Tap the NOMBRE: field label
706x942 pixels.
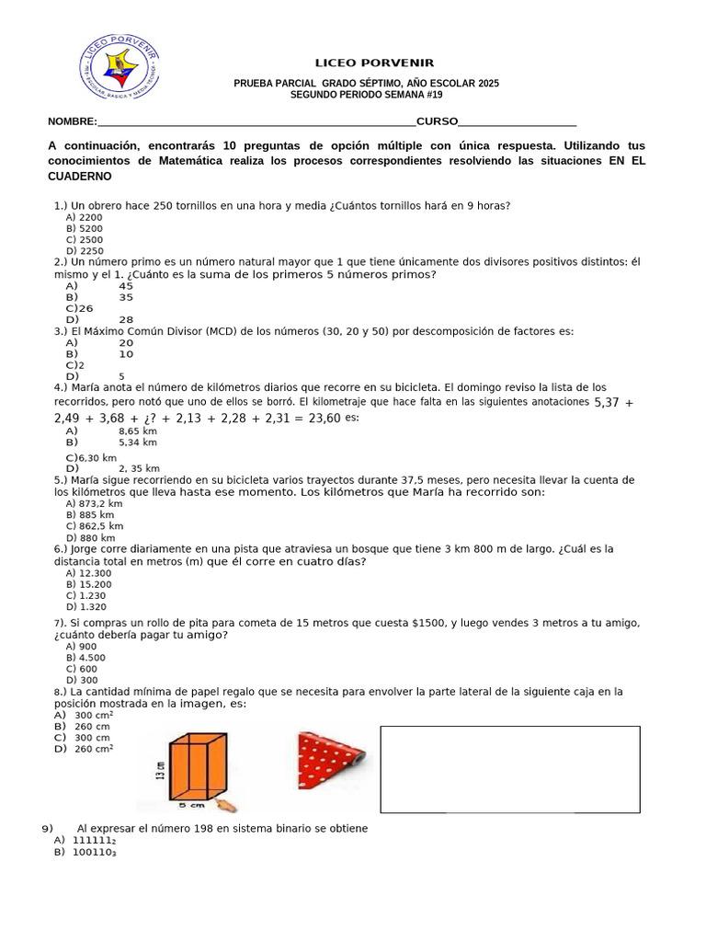(x=72, y=121)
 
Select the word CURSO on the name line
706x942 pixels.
(x=437, y=121)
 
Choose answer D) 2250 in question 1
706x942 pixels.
(x=85, y=250)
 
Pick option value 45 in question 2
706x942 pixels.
(x=126, y=286)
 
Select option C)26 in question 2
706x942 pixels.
(x=79, y=308)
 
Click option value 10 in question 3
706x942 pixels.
(x=126, y=354)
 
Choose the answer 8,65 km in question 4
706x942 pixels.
(x=138, y=431)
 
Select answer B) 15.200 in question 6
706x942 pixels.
(x=89, y=584)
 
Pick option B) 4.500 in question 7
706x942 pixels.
(x=85, y=658)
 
